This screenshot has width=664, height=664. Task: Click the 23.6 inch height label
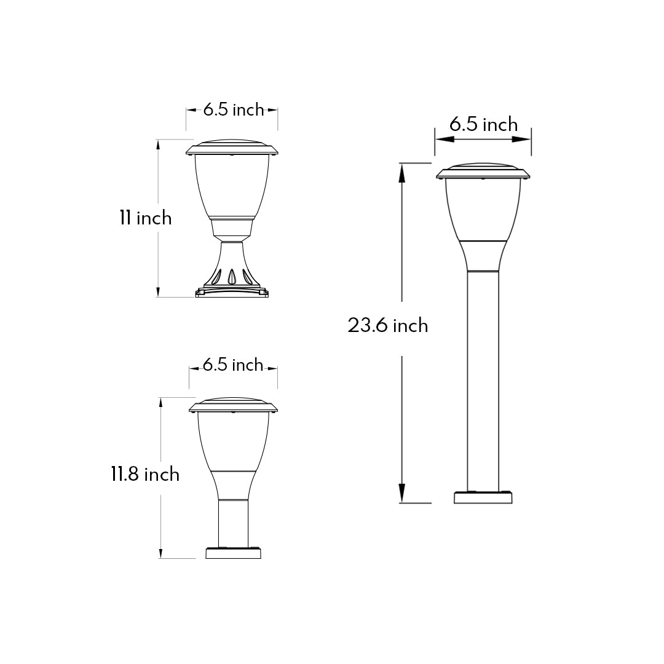pyautogui.click(x=387, y=325)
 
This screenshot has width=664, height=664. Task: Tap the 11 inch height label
pyautogui.click(x=146, y=218)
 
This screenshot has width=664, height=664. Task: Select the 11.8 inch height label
pyautogui.click(x=145, y=474)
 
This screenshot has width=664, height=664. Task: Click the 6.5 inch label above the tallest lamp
pyautogui.click(x=483, y=125)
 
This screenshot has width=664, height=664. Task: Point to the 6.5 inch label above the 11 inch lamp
pyautogui.click(x=233, y=110)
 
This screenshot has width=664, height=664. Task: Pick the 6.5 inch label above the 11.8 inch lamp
pyautogui.click(x=233, y=365)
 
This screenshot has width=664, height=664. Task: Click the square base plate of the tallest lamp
pyautogui.click(x=483, y=497)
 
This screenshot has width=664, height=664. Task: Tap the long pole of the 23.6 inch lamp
pyautogui.click(x=483, y=381)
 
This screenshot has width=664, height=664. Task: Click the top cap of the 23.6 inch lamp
pyautogui.click(x=483, y=172)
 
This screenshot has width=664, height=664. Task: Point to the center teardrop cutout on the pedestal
pyautogui.click(x=232, y=277)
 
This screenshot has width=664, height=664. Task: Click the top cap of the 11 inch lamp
pyautogui.click(x=232, y=148)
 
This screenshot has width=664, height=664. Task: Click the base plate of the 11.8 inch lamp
pyautogui.click(x=234, y=553)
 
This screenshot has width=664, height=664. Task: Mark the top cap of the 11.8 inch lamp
pyautogui.click(x=233, y=405)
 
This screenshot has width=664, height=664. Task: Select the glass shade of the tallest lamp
pyautogui.click(x=483, y=209)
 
